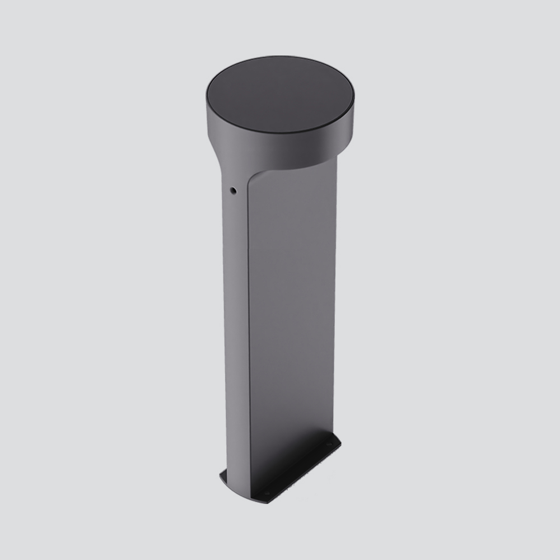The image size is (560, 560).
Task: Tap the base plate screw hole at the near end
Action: (265, 493)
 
